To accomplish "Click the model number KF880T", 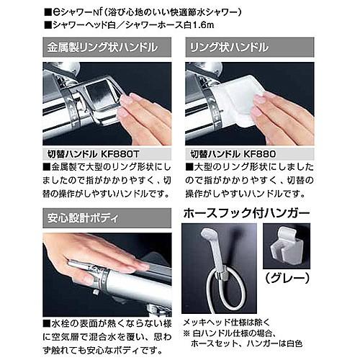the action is point(120,154).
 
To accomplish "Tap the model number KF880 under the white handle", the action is point(260,154).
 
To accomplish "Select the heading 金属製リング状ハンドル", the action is point(102,48).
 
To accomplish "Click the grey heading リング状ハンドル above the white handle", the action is point(229,48).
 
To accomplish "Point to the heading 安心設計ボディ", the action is point(83,218).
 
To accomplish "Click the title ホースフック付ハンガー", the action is point(247,213).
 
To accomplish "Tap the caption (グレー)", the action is point(287,278).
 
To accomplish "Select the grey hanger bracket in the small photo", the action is point(287,247).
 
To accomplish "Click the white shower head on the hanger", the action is point(214,250).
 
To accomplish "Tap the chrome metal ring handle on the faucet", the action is point(101,101).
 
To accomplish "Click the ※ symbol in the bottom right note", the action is point(186,334).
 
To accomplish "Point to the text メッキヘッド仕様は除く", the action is point(227,323).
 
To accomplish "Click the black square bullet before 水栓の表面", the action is point(47,324).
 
